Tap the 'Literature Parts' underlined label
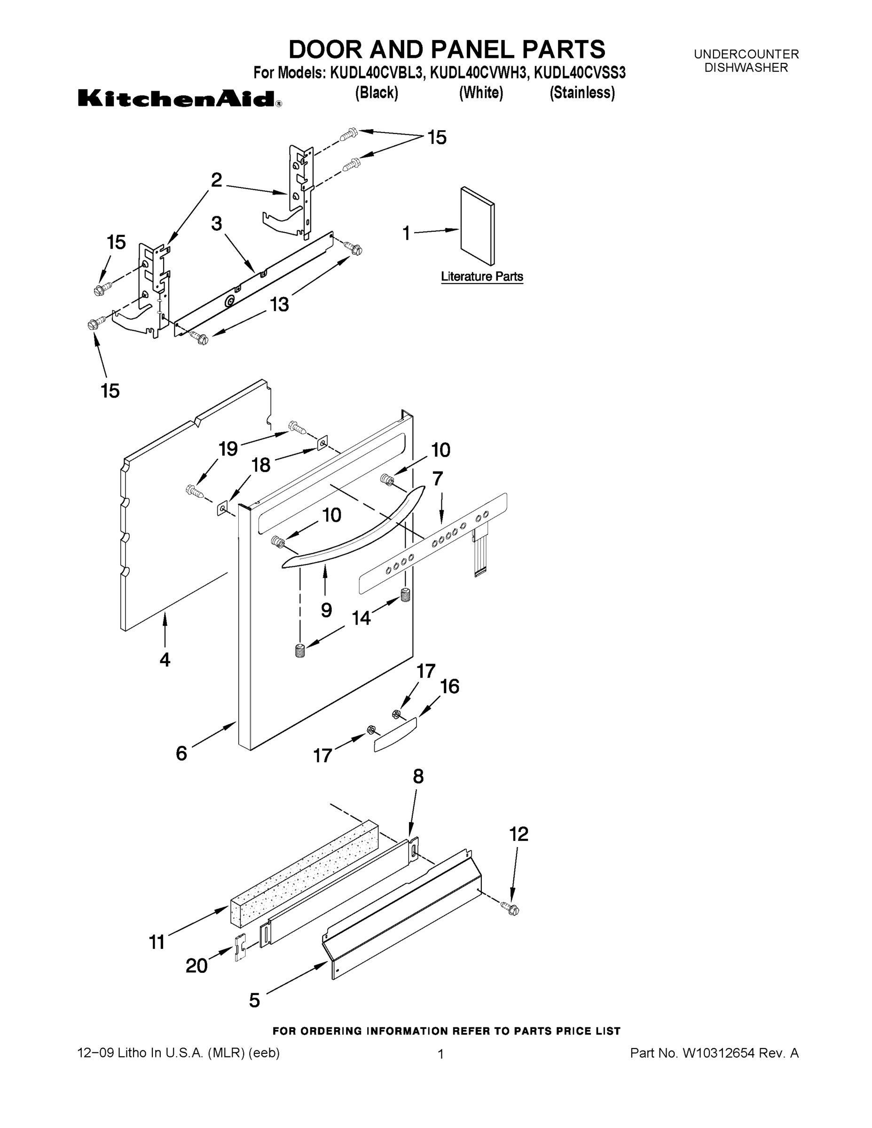481,277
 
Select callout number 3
216,224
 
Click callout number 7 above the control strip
438,479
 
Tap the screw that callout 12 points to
512,909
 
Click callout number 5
255,1001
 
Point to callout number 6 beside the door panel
181,753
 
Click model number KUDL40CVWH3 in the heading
479,73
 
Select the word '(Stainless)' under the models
581,93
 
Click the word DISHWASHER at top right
746,68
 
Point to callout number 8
418,776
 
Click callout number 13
280,305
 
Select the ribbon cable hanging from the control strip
480,553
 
